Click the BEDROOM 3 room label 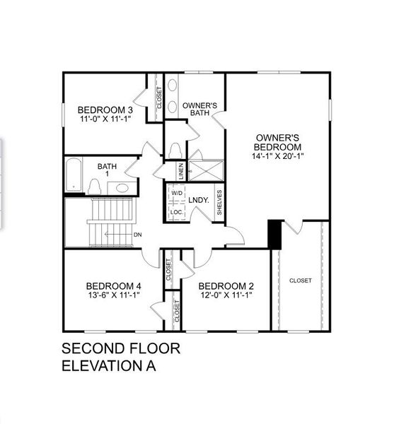105,110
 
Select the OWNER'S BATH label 199,109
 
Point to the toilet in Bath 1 93,186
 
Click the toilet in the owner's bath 175,151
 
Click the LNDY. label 198,200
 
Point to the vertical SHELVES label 219,201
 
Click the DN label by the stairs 137,235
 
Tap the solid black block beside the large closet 274,235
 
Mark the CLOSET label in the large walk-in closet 300,281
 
